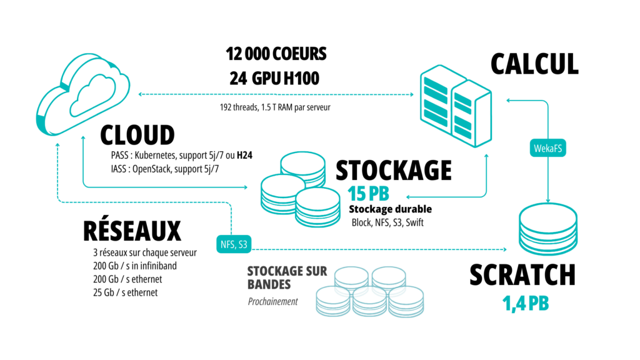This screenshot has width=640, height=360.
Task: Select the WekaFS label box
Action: [547, 148]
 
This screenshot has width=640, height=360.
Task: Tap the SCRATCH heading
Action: [522, 276]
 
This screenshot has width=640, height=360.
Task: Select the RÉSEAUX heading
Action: [132, 231]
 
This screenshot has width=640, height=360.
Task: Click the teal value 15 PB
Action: [369, 194]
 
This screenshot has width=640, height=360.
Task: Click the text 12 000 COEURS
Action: [276, 54]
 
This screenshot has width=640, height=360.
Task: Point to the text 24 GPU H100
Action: [275, 79]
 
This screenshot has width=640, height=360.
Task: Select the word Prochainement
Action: [272, 301]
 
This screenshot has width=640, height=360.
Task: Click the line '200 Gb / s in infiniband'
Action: [134, 266]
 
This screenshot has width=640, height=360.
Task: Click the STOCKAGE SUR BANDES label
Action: [278, 277]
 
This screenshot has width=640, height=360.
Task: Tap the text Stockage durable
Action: [390, 209]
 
